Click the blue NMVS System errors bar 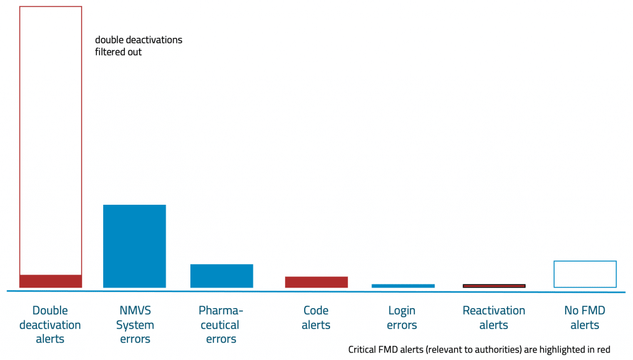(134, 246)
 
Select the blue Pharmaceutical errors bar (221, 276)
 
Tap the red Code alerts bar (316, 282)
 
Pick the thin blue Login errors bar (402, 286)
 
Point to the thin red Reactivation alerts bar (494, 286)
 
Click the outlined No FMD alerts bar (585, 274)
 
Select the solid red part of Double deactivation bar (51, 281)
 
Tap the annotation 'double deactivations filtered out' (138, 46)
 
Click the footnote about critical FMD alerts (479, 349)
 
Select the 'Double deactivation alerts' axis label (50, 325)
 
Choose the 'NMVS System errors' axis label (135, 325)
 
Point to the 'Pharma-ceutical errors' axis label (221, 325)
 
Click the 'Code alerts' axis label (316, 317)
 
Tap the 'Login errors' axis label (402, 317)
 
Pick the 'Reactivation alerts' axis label (494, 317)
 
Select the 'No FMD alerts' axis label (585, 317)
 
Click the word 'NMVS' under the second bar (135, 311)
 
